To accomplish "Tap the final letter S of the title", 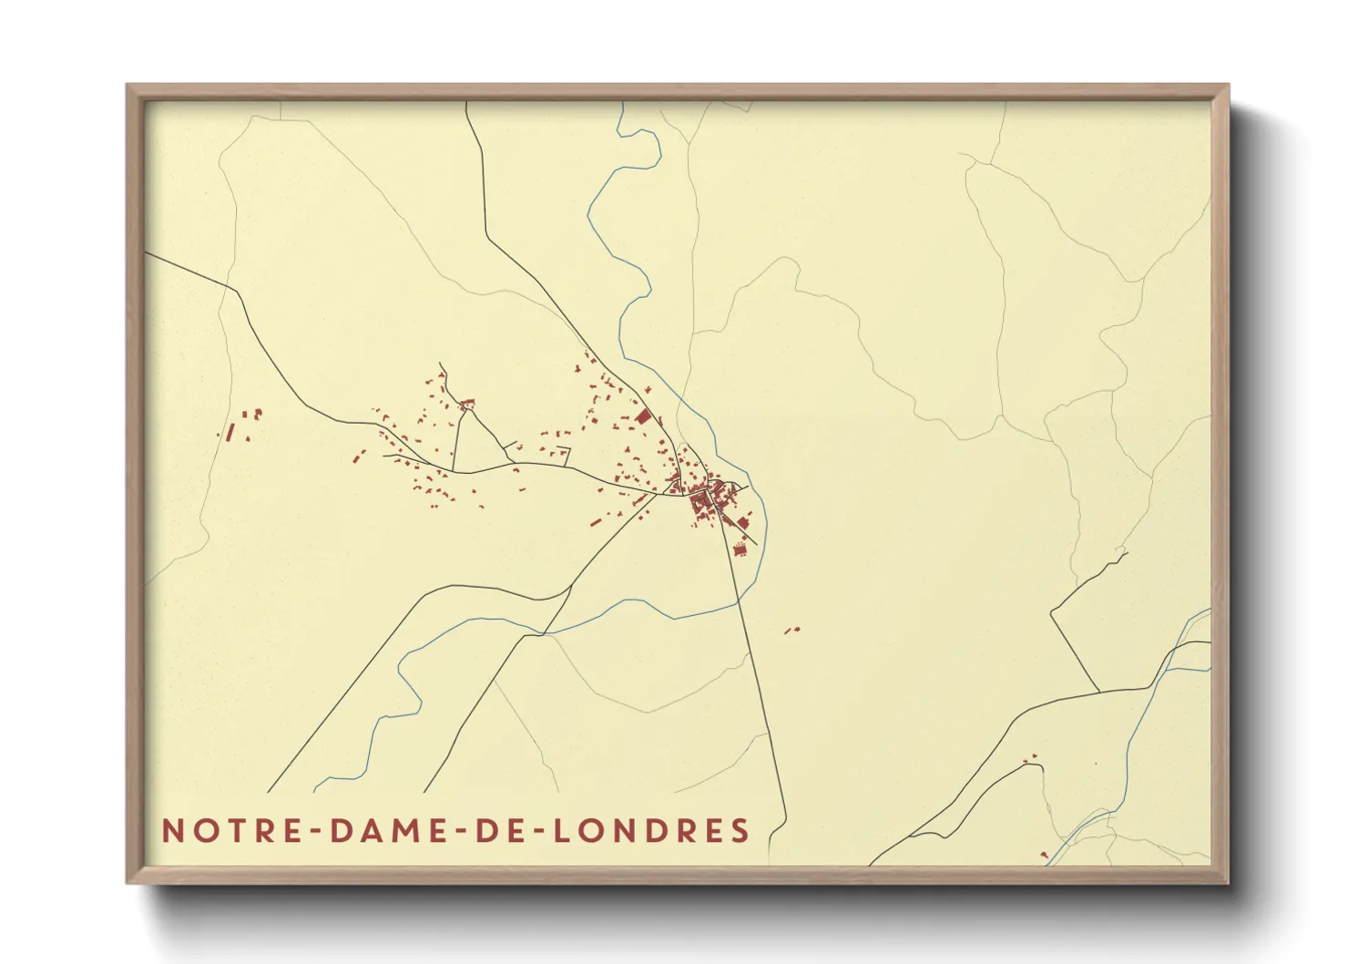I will [740, 831].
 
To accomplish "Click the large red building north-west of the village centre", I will [643, 416].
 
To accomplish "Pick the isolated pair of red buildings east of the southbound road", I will [791, 630].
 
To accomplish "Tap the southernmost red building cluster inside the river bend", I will [740, 549].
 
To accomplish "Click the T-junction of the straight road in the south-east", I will [1098, 691].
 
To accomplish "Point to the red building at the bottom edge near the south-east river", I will [1044, 855].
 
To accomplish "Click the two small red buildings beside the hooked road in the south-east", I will [1031, 758].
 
